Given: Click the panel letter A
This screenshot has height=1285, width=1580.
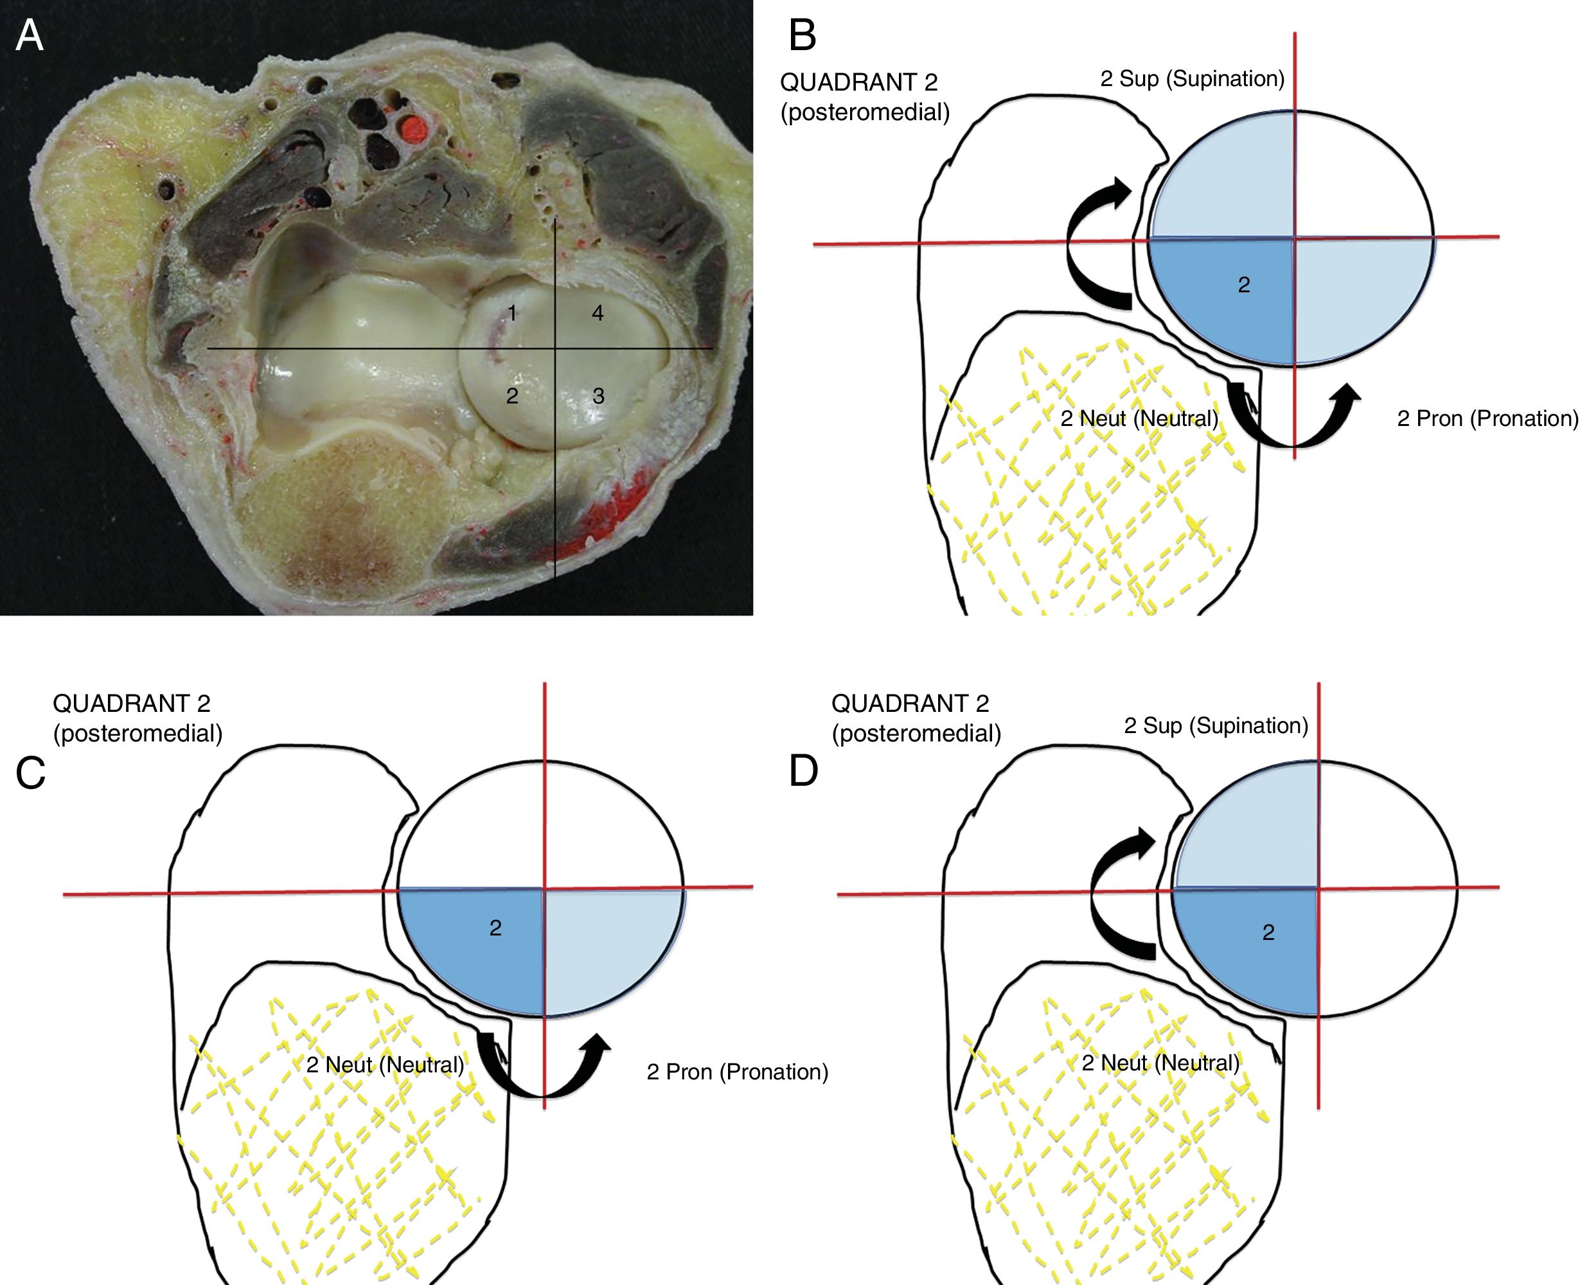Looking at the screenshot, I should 30,35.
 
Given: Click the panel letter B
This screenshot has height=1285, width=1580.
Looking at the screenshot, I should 803,35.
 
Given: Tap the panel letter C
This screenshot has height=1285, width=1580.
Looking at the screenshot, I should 30,774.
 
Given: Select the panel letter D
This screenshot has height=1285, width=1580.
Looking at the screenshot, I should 804,771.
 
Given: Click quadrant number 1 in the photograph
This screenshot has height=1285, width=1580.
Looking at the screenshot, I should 511,314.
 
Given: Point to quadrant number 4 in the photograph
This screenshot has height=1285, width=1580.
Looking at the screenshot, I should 597,313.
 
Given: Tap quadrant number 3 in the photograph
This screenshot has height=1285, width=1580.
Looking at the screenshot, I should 598,396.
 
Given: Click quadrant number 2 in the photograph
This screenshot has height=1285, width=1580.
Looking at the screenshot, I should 511,396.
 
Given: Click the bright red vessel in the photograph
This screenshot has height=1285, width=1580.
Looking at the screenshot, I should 413,130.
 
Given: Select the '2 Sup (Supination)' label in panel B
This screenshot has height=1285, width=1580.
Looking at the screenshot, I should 1191,78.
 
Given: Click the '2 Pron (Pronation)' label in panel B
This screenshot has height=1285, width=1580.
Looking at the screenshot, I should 1487,419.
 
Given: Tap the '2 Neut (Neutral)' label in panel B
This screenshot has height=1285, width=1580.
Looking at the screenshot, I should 1139,419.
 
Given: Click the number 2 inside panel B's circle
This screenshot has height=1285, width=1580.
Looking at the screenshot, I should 1244,285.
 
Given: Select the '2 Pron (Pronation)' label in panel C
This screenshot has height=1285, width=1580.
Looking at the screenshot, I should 737,1072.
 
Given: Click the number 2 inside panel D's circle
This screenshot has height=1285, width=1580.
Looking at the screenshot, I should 1268,933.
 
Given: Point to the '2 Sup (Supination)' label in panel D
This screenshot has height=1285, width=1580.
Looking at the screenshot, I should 1216,725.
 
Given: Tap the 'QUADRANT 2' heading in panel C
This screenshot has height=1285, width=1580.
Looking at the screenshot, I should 132,702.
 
